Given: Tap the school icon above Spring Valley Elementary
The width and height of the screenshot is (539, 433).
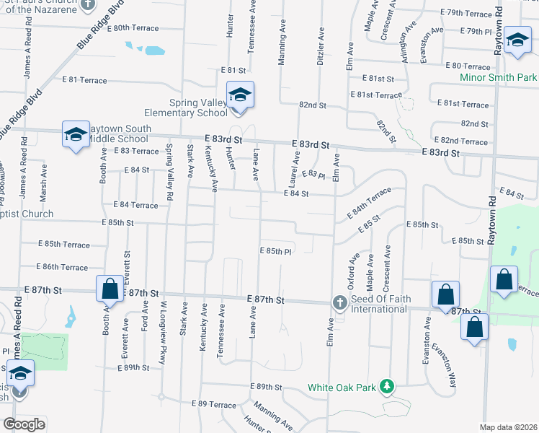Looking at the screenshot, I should coord(239,95).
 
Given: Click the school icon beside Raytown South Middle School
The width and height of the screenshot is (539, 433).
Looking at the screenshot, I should coord(75,135).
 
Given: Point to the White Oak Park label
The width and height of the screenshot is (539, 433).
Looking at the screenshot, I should coord(342,388).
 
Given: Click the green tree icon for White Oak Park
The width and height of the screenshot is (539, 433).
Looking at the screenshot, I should coord(387,387).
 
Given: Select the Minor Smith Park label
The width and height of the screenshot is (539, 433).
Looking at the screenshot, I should coord(499,76).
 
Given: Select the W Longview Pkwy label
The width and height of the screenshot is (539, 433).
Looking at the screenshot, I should coord(164,332).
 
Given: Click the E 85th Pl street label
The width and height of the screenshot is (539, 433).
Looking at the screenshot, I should coord(275,252).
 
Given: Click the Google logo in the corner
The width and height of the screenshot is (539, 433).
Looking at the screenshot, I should coord(24,424).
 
